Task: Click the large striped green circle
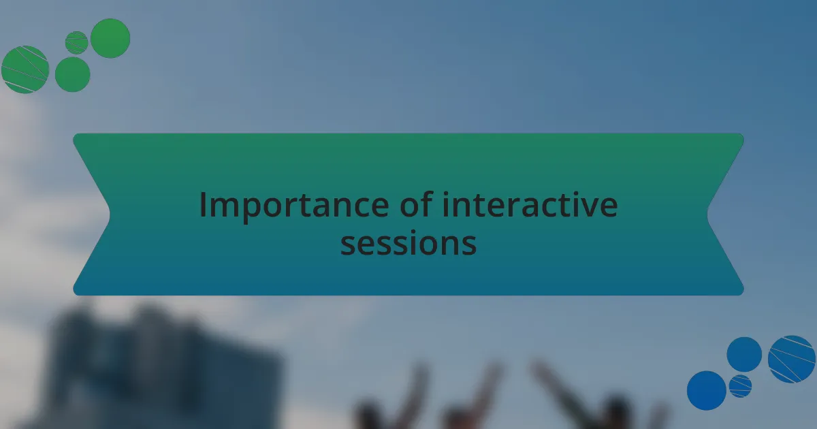[x=25, y=69]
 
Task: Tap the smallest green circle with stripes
[x=76, y=43]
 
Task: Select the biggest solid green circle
[x=110, y=38]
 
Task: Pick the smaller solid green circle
[x=73, y=74]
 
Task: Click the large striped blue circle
[x=791, y=360]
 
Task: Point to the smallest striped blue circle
[x=740, y=386]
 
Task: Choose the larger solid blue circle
[x=707, y=390]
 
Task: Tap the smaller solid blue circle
[x=744, y=355]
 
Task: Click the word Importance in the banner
[x=294, y=206]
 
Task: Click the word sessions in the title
[x=408, y=243]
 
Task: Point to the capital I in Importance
[x=203, y=205]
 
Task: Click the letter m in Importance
[x=224, y=208]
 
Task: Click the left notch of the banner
[x=110, y=214]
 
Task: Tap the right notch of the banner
[x=707, y=214]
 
